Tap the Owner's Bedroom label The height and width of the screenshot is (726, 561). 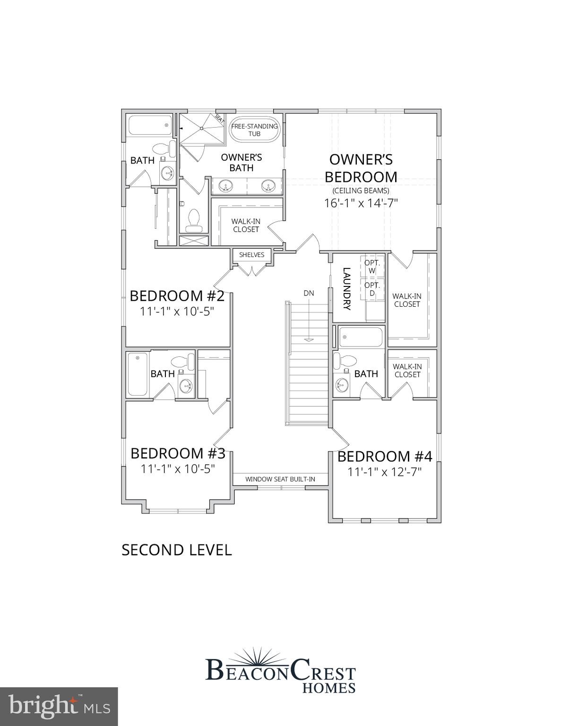361,168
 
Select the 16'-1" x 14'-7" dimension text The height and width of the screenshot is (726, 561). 361,203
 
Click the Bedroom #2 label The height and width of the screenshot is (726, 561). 177,296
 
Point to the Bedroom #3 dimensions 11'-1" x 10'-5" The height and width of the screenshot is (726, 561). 178,468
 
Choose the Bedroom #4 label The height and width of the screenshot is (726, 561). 385,456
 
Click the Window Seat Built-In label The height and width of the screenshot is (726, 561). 280,479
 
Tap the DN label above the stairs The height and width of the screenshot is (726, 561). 309,293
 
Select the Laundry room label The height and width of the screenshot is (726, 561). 346,289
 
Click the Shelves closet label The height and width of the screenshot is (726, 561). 251,255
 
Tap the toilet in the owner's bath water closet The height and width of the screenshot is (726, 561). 193,221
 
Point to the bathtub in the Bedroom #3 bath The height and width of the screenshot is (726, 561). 138,374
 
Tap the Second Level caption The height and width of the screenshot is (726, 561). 177,550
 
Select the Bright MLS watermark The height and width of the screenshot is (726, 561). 59,707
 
